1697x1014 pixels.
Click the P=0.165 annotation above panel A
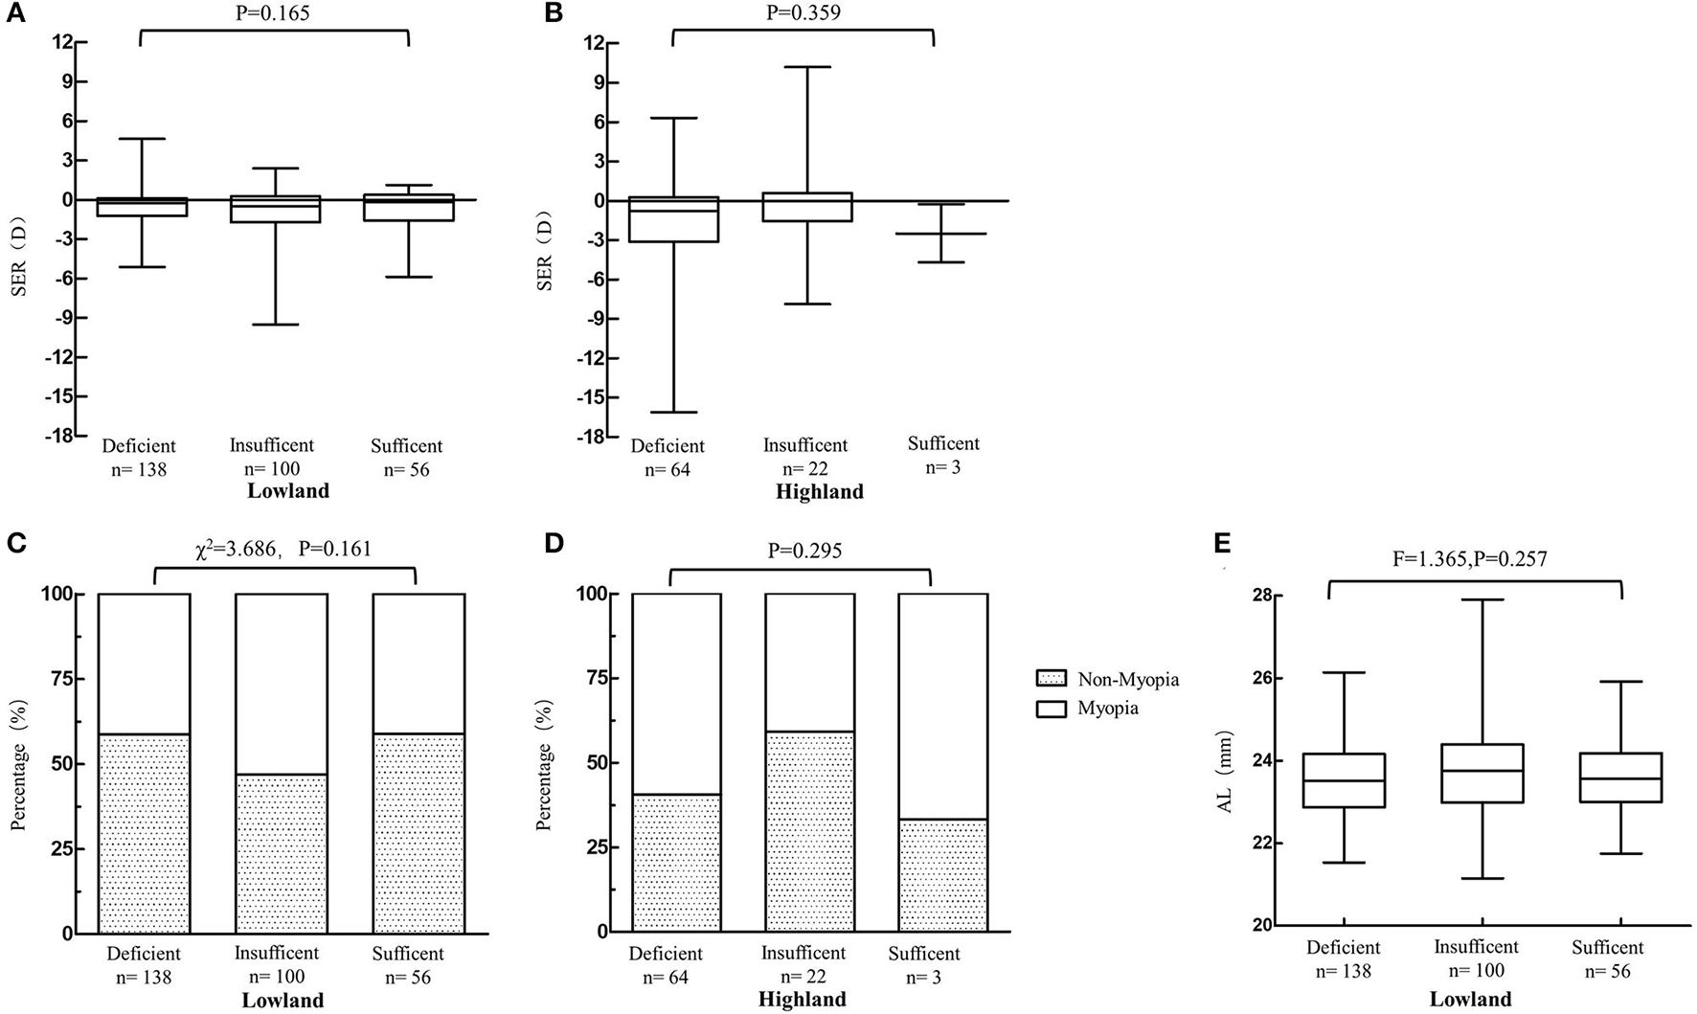pos(273,13)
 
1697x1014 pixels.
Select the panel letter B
pos(554,13)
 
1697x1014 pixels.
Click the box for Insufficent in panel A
pos(275,210)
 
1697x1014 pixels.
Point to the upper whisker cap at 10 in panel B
pos(805,67)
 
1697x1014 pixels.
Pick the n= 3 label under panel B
pos(943,467)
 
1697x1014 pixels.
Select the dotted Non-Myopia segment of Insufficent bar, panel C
pos(282,852)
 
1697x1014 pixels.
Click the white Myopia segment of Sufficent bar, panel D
pos(942,706)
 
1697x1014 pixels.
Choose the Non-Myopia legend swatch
pos(1051,679)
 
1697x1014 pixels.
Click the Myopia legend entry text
pos(1108,709)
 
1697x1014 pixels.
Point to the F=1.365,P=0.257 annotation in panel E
pos(1471,559)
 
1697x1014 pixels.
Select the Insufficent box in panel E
pos(1482,773)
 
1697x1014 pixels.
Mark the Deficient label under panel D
pos(666,955)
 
